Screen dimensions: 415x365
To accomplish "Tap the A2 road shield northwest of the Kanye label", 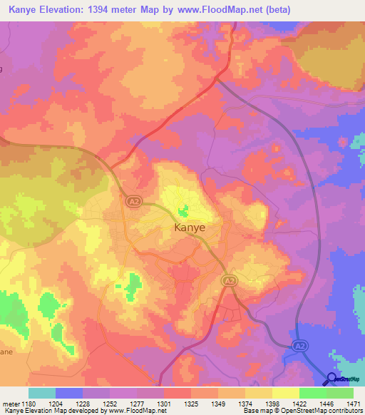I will (133, 203).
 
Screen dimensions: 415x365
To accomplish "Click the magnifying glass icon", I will (331, 379).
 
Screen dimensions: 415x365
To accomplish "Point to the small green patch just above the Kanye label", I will (183, 211).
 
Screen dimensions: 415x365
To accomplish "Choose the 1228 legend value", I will (83, 404).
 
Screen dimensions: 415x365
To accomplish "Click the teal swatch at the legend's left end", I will (42, 393).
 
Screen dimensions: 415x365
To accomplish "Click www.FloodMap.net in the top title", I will (236, 9).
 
